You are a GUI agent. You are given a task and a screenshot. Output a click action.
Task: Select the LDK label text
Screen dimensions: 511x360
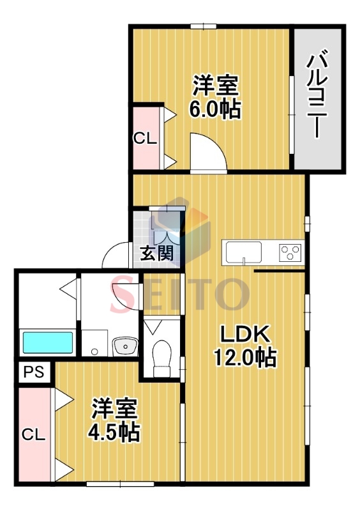(x=246, y=333)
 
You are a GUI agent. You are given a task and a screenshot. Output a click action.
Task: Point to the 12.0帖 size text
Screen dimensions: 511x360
(x=246, y=358)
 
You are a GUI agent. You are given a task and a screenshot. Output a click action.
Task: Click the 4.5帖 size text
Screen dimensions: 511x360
(x=114, y=433)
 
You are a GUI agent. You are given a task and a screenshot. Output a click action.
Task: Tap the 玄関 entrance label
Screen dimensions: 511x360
(x=157, y=254)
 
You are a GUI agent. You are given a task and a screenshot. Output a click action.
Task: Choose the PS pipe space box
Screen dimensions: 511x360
(x=34, y=372)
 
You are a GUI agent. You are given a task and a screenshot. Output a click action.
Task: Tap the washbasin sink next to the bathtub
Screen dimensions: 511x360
(x=125, y=347)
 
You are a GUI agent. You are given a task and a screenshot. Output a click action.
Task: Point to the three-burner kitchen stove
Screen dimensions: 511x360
(x=290, y=253)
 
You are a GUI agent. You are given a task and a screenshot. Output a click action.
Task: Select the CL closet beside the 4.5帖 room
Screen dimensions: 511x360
(x=34, y=435)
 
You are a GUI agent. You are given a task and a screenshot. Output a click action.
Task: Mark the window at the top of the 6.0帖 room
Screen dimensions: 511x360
(x=202, y=26)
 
